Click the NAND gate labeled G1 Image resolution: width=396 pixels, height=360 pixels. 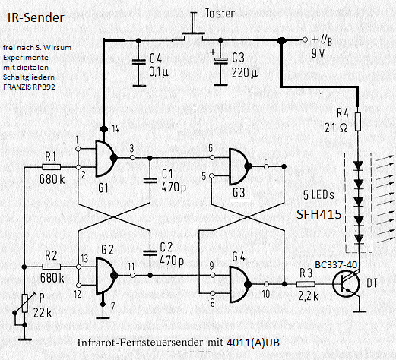[x=97, y=156]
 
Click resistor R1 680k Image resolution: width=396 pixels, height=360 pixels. [x=52, y=165]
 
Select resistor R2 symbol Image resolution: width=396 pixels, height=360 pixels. [x=52, y=267]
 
